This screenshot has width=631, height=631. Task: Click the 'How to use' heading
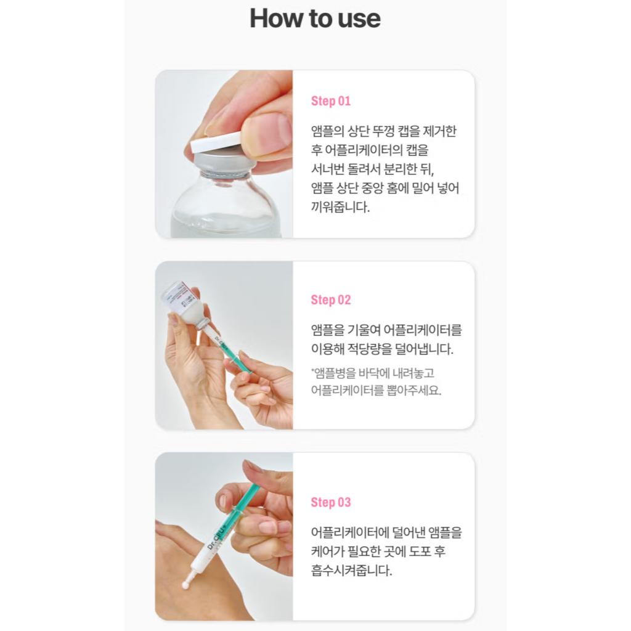(315, 18)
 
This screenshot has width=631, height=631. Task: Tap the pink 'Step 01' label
(330, 101)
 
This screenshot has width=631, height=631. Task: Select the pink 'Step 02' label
(330, 300)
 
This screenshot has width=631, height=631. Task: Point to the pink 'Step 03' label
(330, 502)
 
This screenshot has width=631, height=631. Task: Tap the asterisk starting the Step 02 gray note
(313, 372)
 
